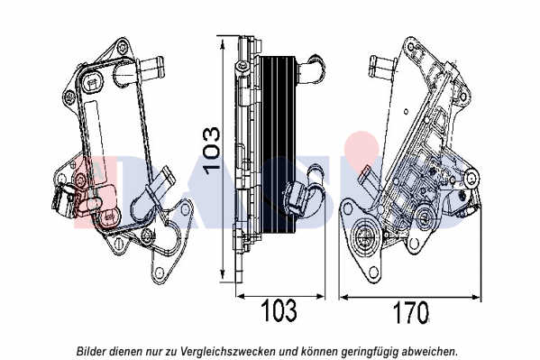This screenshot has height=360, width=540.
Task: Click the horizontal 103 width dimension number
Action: [x=279, y=310]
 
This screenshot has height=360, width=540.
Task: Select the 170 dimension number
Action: [x=411, y=312]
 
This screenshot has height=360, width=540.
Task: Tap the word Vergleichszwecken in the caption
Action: [x=228, y=351]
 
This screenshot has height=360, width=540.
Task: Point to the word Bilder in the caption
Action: [x=91, y=351]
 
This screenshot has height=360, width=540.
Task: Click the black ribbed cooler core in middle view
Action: [x=278, y=144]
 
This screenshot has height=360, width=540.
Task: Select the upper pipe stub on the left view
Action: [x=151, y=68]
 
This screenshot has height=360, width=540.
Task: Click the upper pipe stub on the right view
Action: [x=381, y=68]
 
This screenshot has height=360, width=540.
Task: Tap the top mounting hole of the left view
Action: [x=123, y=47]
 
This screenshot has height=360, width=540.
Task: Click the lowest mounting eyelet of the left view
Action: [x=159, y=273]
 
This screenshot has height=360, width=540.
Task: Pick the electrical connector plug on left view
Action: [x=63, y=200]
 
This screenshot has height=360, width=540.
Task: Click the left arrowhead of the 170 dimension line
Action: [x=343, y=297]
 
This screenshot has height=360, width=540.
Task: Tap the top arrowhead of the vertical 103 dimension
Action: [x=223, y=44]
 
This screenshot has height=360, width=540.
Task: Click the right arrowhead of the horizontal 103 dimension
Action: [x=321, y=296]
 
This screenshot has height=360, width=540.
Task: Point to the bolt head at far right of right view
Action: [x=472, y=178]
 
